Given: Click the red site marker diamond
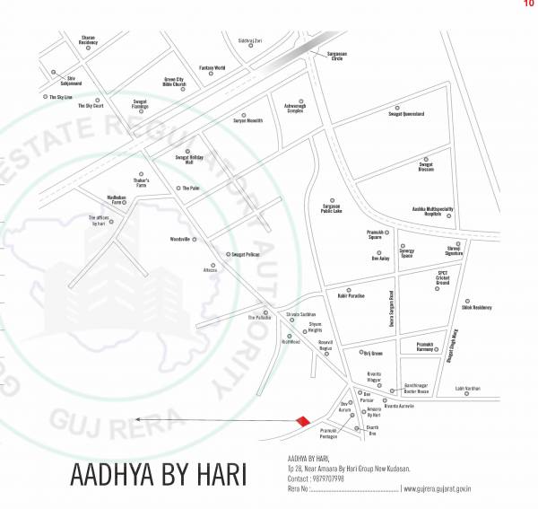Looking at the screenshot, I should pyautogui.click(x=303, y=421).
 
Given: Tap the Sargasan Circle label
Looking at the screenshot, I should pyautogui.click(x=332, y=57).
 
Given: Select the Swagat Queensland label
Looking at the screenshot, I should pyautogui.click(x=406, y=114).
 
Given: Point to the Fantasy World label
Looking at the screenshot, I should pyautogui.click(x=213, y=68).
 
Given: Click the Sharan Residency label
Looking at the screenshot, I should pyautogui.click(x=88, y=39).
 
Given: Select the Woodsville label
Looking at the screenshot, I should pyautogui.click(x=181, y=239).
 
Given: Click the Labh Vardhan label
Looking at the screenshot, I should pyautogui.click(x=467, y=389).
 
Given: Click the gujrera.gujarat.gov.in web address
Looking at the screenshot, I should pyautogui.click(x=439, y=488).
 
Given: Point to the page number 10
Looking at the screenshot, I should pyautogui.click(x=528, y=4).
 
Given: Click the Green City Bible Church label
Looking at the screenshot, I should pyautogui.click(x=174, y=82).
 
